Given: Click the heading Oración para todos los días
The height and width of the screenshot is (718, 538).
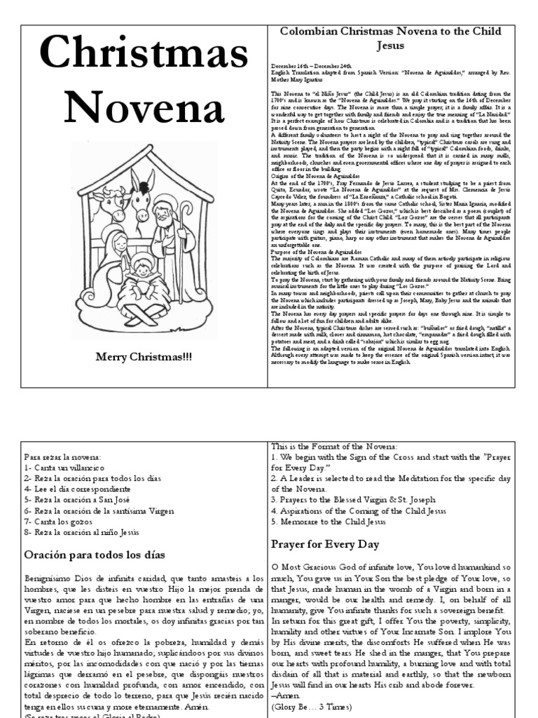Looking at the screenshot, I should pyautogui.click(x=95, y=555).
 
